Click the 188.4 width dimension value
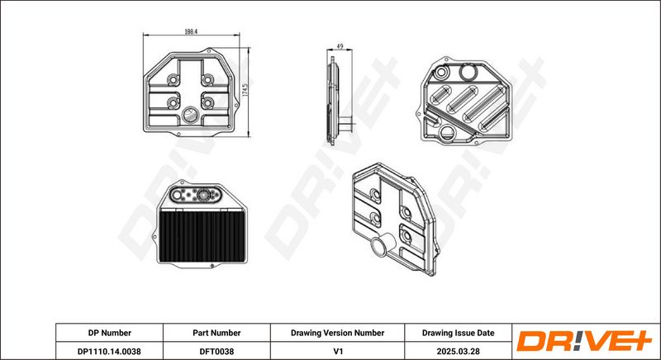click(x=191, y=31)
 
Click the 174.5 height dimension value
click(x=245, y=92)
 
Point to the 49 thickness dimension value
click(x=340, y=46)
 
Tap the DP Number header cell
click(x=110, y=333)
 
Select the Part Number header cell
click(x=216, y=333)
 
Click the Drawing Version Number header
click(x=337, y=333)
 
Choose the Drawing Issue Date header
click(x=459, y=333)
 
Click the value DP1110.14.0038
click(x=110, y=351)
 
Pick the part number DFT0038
click(x=216, y=351)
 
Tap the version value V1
click(x=337, y=351)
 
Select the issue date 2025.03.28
click(x=459, y=351)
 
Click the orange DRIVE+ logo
click(x=584, y=341)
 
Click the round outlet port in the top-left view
click(x=191, y=115)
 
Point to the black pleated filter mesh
click(x=202, y=236)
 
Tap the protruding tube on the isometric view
click(x=383, y=244)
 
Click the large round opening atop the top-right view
click(x=468, y=72)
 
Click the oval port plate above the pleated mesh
click(x=197, y=195)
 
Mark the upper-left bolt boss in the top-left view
click(x=173, y=79)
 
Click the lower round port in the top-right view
click(x=447, y=133)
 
